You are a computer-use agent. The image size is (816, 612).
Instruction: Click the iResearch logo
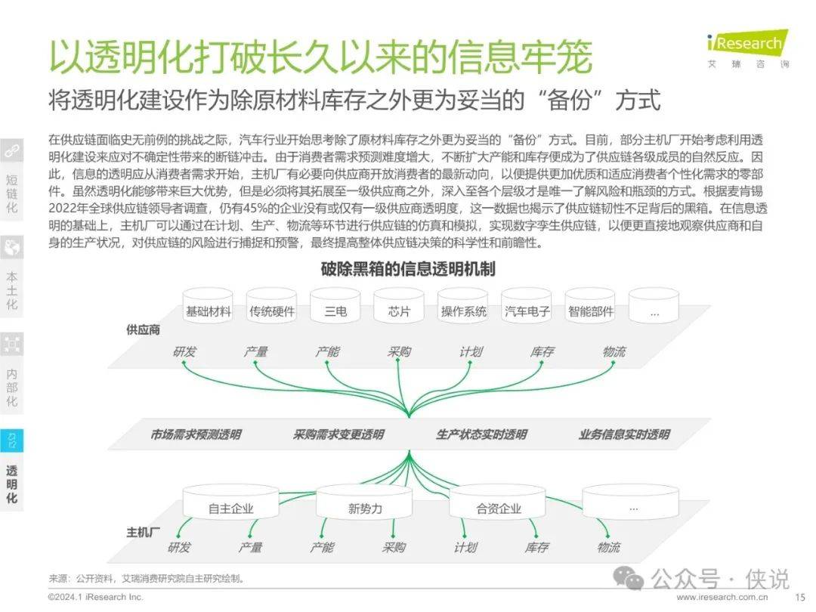748,49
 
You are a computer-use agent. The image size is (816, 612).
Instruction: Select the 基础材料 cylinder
209,306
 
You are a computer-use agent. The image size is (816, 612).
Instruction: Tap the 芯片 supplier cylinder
399,306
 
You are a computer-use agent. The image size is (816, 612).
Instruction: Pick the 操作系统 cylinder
462,306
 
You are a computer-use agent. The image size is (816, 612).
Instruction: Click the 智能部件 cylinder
590,306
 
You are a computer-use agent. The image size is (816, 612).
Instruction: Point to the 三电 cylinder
335,306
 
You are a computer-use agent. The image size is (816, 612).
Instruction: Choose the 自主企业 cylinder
230,502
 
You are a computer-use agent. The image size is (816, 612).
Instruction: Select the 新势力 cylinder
364,502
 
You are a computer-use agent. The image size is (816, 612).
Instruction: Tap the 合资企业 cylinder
497,502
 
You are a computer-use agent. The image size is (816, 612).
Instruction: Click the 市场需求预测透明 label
196,434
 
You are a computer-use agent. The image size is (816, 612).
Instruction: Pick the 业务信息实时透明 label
624,434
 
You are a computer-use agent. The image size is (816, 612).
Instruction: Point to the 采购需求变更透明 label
338,434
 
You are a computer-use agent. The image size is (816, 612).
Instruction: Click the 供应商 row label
143,330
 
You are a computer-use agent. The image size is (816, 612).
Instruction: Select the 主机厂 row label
143,532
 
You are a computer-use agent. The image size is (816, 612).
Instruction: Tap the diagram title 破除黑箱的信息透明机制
407,270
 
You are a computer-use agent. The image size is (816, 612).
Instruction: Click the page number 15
800,598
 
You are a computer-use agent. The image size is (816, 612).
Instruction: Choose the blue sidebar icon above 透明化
11,440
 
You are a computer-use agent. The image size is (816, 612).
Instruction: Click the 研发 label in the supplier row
185,352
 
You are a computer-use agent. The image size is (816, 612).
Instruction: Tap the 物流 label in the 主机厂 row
607,548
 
